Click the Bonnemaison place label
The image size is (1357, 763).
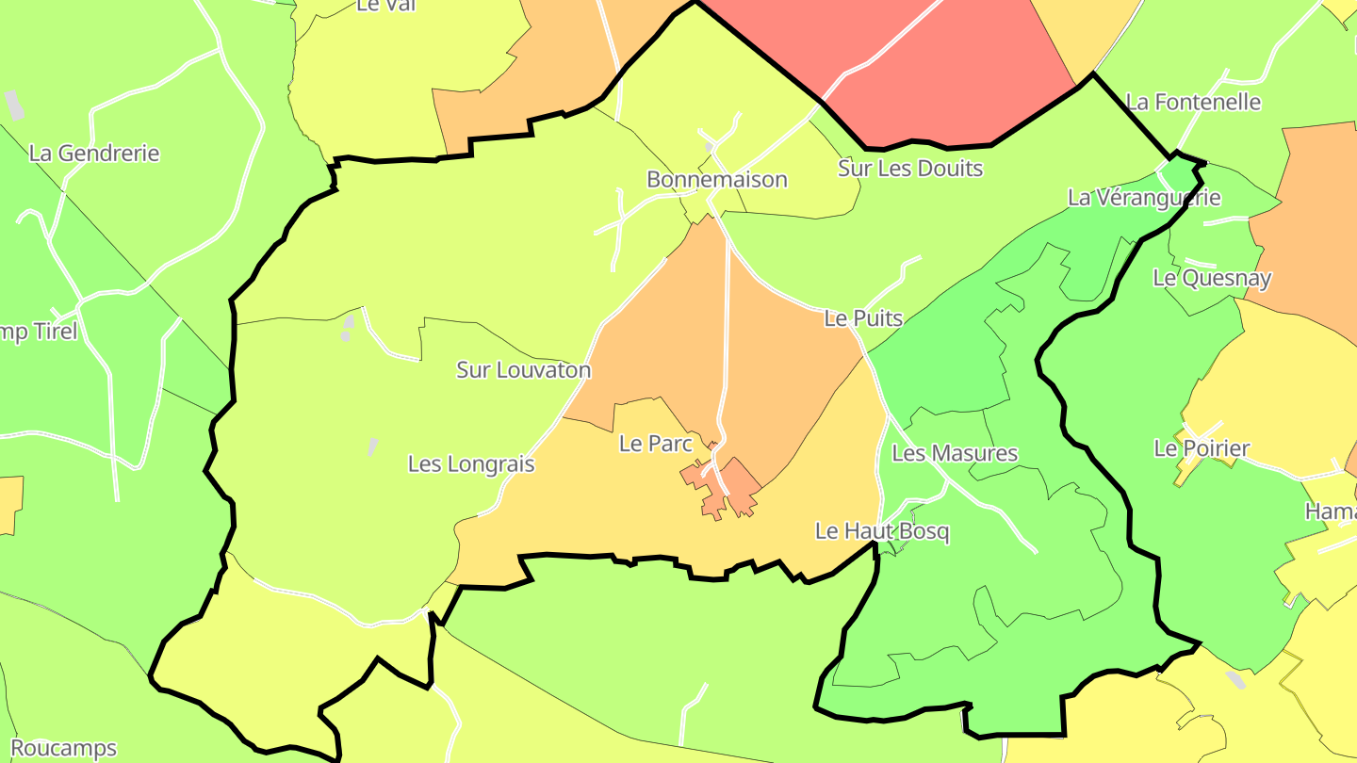(716, 179)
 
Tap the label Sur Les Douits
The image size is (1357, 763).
(910, 169)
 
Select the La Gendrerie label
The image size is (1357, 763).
(94, 153)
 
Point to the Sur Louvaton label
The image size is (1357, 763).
(523, 369)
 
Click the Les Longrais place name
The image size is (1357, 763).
(471, 463)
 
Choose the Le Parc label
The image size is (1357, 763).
(656, 443)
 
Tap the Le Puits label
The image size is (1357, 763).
(863, 318)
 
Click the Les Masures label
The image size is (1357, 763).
(955, 453)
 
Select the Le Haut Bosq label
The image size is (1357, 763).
(882, 531)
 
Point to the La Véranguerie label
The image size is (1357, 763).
(1144, 198)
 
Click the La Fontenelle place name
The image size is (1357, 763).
(1193, 102)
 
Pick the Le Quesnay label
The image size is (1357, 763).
(1212, 278)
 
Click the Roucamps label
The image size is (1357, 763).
(63, 748)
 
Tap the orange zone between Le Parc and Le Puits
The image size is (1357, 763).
(782, 358)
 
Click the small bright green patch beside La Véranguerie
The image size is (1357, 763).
(1180, 173)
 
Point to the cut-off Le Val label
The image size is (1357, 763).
(385, 6)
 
